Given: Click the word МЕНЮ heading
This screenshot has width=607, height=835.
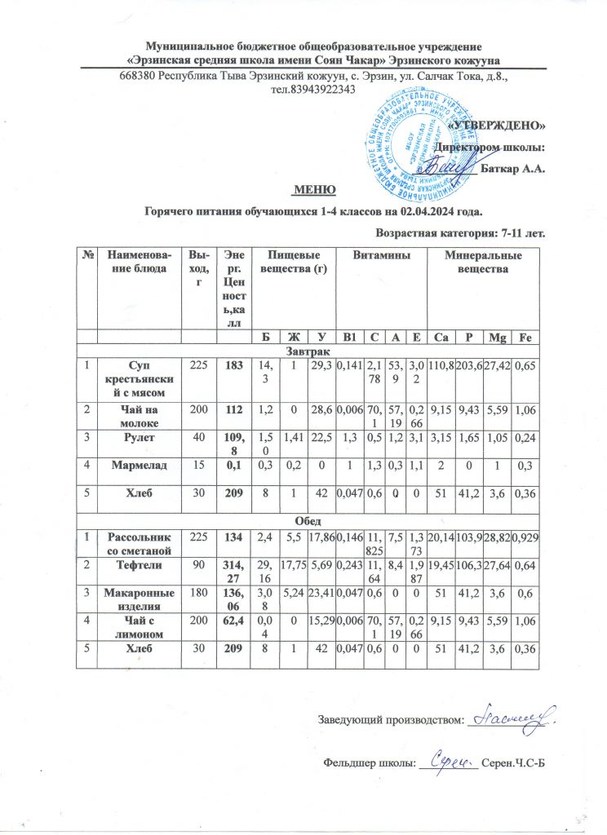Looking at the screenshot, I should point(315,190).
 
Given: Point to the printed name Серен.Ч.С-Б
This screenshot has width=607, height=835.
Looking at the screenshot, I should point(512,762).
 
